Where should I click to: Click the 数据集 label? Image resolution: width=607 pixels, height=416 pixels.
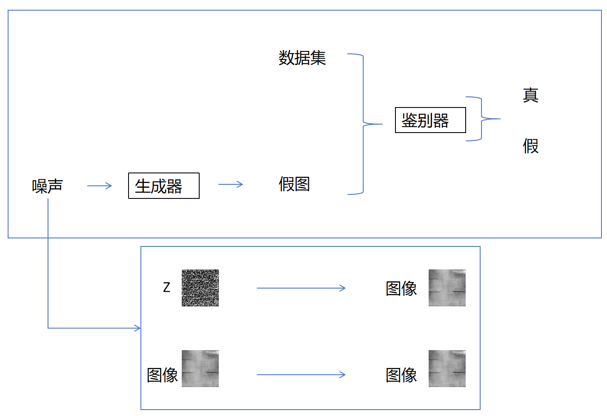(x=302, y=58)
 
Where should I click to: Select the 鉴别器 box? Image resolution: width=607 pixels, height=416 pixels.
(x=430, y=120)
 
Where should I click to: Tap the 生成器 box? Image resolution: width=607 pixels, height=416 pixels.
(x=164, y=186)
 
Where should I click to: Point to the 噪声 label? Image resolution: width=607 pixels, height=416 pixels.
(x=47, y=186)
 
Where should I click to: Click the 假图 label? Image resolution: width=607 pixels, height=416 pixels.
(x=294, y=184)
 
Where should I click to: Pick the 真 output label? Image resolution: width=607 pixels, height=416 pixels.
(x=530, y=95)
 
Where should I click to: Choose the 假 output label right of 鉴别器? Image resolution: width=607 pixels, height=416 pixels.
(x=530, y=146)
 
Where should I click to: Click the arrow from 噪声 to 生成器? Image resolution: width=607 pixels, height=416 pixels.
(x=100, y=186)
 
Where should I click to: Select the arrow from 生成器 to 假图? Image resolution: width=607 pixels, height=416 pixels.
(x=231, y=184)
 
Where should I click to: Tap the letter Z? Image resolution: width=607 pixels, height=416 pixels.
(x=166, y=288)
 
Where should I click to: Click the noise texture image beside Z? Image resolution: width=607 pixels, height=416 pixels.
(x=200, y=288)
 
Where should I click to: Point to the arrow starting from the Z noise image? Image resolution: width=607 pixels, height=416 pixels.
(x=301, y=288)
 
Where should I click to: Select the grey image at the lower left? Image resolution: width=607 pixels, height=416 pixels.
(x=200, y=368)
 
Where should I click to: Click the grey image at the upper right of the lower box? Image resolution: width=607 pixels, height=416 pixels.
(x=447, y=288)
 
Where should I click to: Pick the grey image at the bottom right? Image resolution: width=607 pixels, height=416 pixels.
(x=447, y=368)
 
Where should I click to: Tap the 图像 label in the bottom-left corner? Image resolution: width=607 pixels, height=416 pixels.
(x=162, y=375)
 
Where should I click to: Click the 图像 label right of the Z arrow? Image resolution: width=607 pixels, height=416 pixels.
(x=401, y=289)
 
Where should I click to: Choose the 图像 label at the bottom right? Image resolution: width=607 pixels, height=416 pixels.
(x=401, y=375)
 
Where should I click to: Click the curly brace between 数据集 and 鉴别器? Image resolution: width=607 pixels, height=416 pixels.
(x=363, y=124)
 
